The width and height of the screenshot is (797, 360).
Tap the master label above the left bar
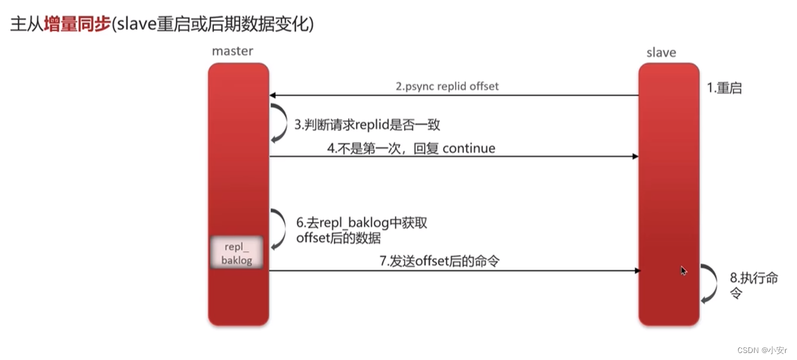(232, 51)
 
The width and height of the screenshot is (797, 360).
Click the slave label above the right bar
(661, 53)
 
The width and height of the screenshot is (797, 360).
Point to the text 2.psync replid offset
(447, 86)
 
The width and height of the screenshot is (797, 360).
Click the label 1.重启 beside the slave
(724, 88)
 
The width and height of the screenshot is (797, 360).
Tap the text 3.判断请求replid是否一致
(367, 125)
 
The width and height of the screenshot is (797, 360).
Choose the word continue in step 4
(468, 148)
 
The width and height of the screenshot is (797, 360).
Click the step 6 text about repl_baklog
(364, 230)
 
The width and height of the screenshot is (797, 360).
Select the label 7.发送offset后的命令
(439, 261)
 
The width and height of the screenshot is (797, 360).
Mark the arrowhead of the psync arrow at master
(273, 96)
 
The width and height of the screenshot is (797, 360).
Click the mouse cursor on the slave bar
(684, 270)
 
